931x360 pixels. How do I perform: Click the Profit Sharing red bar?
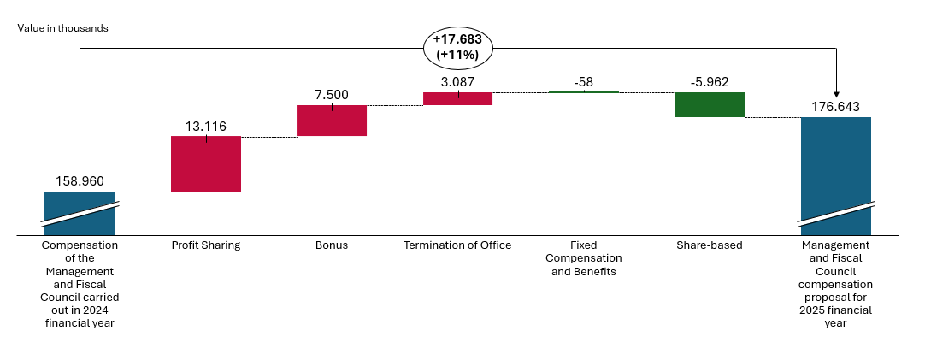pos(205,163)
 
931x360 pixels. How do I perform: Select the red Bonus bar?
pos(332,121)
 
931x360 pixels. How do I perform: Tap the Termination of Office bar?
pos(457,98)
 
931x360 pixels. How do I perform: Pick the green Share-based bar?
pos(710,104)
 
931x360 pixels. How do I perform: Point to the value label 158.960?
pos(80,181)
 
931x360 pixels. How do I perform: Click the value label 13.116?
pos(206,127)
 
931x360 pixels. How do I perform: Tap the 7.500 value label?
pos(332,95)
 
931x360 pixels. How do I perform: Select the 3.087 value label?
pos(458,82)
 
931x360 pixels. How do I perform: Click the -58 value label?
pos(584,82)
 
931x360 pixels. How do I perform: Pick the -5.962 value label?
pos(710,82)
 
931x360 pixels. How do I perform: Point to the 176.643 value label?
pos(836,107)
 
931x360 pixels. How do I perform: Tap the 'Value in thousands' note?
pos(62,28)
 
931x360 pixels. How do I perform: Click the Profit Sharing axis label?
pos(206,245)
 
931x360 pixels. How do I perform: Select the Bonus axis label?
pos(332,245)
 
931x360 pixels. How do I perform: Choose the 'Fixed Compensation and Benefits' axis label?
pos(584,258)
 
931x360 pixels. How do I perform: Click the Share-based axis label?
pos(710,245)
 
